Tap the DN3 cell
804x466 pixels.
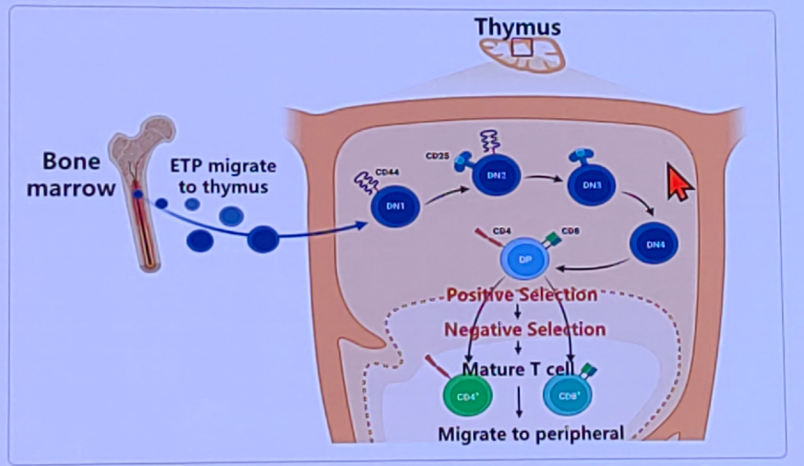[592, 184]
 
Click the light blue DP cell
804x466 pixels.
[524, 259]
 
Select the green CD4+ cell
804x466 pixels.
[467, 395]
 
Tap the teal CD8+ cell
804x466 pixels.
[570, 395]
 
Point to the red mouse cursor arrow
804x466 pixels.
[679, 184]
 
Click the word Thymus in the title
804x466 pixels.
[518, 27]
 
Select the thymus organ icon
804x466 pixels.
[522, 53]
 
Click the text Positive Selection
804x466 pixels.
[522, 295]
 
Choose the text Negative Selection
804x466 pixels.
[524, 329]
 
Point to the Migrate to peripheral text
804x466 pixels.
[531, 433]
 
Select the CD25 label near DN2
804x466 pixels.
[438, 156]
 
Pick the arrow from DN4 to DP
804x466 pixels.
[591, 268]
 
